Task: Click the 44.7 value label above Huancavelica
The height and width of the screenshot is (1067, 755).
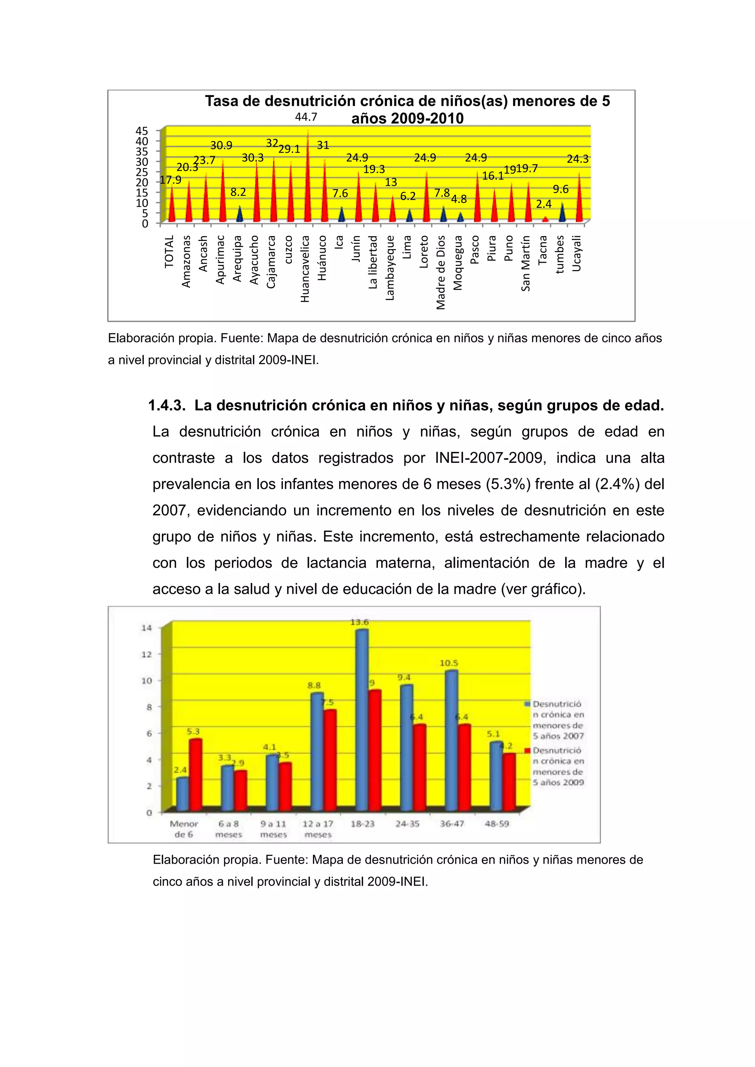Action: (306, 117)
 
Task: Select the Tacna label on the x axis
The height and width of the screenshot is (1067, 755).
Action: (543, 250)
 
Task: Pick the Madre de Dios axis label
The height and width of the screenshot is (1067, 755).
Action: (441, 272)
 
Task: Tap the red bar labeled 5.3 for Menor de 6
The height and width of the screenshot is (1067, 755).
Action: (195, 774)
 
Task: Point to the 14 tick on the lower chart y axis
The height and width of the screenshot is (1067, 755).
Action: (146, 628)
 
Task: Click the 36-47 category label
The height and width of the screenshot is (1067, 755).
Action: (452, 823)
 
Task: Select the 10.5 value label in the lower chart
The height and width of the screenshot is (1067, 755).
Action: (449, 663)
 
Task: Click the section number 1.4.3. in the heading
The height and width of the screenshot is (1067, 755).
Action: (166, 406)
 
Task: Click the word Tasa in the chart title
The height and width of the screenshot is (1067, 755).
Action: (222, 101)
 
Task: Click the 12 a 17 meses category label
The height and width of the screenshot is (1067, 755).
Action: (318, 829)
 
